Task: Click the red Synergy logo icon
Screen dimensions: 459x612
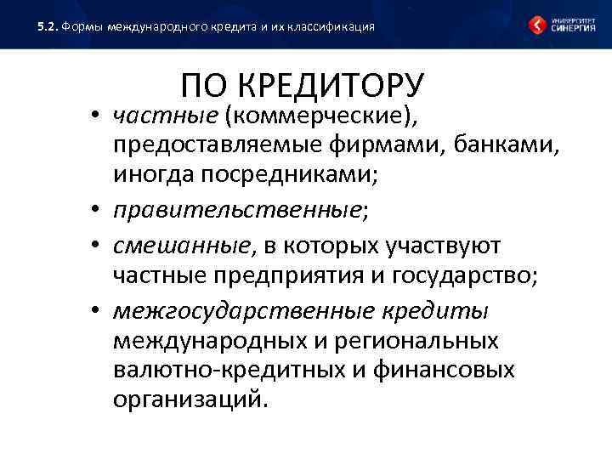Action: click(x=537, y=25)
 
